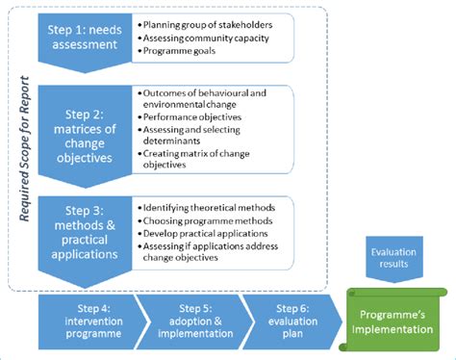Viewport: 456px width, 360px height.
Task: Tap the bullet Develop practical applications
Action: (204, 232)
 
